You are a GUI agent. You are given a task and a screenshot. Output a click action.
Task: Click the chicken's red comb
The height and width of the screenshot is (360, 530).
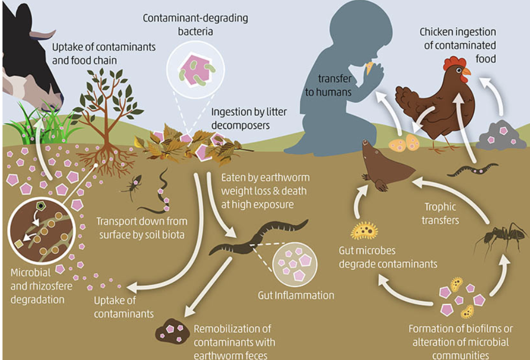(454, 63)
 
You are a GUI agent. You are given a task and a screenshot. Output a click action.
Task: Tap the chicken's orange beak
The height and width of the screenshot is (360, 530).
(466, 72)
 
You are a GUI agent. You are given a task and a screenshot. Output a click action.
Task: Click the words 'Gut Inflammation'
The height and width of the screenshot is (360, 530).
(296, 295)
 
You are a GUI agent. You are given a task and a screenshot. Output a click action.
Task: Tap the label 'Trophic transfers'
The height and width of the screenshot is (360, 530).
(440, 213)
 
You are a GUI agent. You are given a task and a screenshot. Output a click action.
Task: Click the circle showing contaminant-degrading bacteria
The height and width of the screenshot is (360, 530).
(196, 70)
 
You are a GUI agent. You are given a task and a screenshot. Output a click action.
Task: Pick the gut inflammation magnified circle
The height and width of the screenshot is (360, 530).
(295, 264)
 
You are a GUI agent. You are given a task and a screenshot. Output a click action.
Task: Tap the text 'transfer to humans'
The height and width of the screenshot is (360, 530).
(328, 85)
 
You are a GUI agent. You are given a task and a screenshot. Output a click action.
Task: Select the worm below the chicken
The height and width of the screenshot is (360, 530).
(472, 169)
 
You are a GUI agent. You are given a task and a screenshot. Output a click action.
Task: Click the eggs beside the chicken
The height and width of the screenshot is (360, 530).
(404, 143)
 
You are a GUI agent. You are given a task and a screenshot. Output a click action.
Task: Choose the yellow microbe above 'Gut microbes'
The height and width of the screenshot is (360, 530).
(364, 231)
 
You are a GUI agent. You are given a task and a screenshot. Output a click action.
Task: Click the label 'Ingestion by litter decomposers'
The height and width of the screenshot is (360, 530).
(249, 119)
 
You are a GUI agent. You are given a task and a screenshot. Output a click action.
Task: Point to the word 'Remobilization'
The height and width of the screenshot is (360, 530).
(232, 328)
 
